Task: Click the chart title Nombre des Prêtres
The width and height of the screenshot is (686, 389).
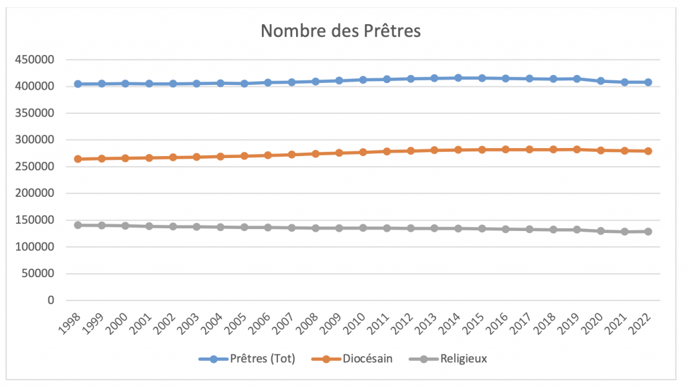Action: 340,31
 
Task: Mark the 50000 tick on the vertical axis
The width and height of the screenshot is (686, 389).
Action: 40,274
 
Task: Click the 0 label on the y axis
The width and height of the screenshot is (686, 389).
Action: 50,301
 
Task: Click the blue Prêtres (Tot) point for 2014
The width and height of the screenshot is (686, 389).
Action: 458,78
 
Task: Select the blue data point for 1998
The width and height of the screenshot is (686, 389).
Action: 78,84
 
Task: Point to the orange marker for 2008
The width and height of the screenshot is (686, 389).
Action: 316,153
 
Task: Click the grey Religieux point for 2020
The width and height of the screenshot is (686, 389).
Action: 601,231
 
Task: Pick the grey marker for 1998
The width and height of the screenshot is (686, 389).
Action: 78,225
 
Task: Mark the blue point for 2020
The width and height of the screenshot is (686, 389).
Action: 601,81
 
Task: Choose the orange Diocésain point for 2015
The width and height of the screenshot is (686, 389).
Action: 482,149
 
